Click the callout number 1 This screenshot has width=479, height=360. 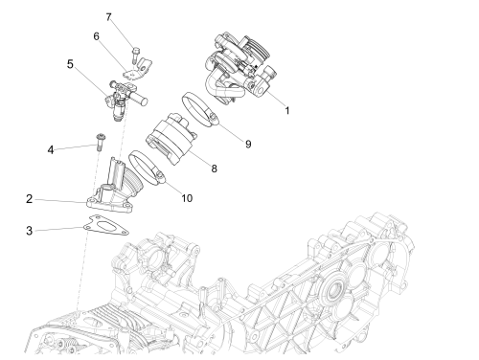pos(287,111)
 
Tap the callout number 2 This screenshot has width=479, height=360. pos(29,199)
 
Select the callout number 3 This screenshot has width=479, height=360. pos(29,231)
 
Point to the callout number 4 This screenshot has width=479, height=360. pos(51,149)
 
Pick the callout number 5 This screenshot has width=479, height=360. pos(70,64)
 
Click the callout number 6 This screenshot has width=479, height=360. pos(96,36)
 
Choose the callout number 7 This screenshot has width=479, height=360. pos(108,17)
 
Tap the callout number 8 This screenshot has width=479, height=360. pos(214,169)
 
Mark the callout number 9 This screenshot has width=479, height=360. pos(248,145)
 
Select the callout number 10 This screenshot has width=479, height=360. pos(187,198)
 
